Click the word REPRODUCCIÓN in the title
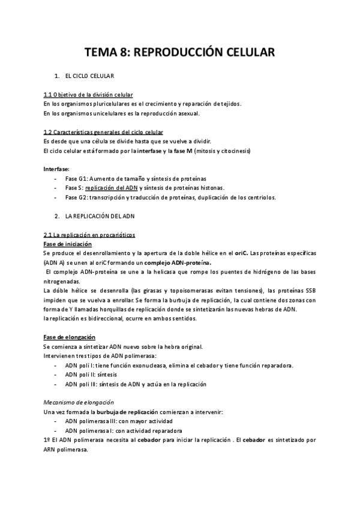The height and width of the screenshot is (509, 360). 179,53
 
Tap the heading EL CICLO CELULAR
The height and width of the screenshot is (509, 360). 90,76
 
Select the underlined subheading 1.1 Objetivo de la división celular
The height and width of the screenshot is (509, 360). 88,95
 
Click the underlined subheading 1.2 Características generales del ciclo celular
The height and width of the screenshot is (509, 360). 103,132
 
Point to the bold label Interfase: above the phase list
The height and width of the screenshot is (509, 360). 56,169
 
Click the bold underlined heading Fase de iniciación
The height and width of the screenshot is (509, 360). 68,244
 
